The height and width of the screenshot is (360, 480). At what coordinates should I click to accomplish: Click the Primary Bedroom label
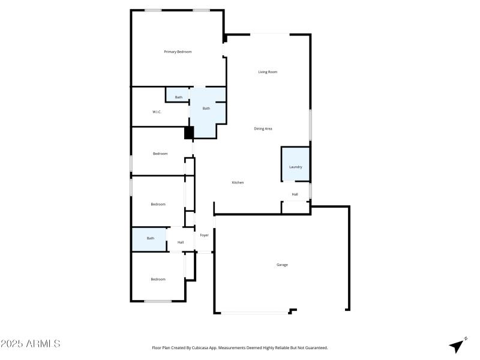[178, 52]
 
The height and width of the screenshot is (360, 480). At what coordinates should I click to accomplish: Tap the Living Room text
[268, 72]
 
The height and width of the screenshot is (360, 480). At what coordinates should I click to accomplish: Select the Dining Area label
[263, 128]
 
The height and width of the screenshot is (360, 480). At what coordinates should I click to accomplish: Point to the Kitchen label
[238, 182]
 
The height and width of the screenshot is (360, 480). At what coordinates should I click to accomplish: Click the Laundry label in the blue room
[295, 167]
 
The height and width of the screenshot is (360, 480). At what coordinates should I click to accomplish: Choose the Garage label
[282, 265]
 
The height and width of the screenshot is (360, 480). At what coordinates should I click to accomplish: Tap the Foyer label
[205, 235]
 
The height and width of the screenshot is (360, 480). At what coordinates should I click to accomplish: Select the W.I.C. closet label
[157, 112]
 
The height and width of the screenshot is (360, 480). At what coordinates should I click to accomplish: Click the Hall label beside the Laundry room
[295, 194]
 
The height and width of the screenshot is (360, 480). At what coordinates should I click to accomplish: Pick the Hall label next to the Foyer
[180, 242]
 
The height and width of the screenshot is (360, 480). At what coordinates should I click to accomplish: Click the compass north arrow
[458, 346]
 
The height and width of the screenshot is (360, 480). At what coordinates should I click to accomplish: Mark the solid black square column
[189, 133]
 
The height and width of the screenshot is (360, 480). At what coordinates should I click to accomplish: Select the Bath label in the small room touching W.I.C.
[178, 97]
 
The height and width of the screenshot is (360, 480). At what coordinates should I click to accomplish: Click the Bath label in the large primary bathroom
[206, 109]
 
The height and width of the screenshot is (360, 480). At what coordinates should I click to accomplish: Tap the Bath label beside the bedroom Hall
[150, 238]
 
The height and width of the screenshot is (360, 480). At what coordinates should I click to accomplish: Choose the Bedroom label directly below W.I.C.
[160, 154]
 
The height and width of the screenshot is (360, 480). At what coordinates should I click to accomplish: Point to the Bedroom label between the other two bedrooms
[158, 205]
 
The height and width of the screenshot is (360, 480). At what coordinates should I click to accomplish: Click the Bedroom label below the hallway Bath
[158, 279]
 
